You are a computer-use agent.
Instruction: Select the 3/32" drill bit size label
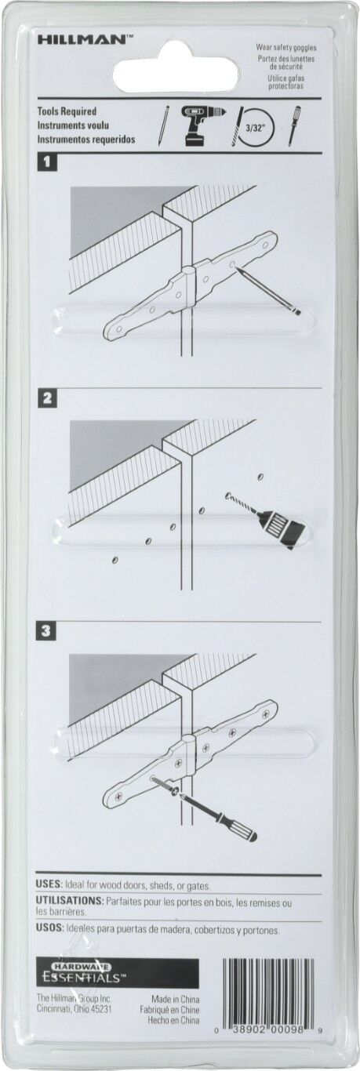(x=254, y=129)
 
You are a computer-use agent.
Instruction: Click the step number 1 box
(x=46, y=162)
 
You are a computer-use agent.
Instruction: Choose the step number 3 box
(x=46, y=631)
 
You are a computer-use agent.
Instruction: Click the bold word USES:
(x=49, y=885)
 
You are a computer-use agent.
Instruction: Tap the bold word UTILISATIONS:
(x=70, y=901)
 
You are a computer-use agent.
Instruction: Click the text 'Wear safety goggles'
(x=286, y=47)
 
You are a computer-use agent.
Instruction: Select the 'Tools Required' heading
(x=67, y=111)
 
